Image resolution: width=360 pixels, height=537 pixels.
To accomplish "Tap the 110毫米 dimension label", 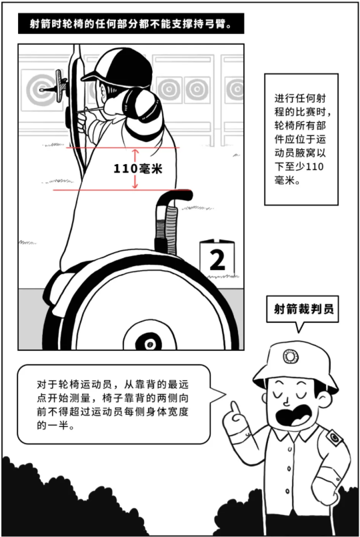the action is (137, 169).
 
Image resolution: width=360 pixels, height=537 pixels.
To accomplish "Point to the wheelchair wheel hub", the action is (149, 342).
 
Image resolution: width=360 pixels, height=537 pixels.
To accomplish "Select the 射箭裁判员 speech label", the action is (303, 309).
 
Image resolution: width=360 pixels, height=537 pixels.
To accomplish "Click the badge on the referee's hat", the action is (291, 356).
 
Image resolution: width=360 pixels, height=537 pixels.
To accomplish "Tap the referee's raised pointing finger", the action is (235, 408).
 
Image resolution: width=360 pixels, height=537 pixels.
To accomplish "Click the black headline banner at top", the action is (131, 23).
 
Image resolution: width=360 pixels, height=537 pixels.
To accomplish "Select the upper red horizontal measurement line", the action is (123, 147).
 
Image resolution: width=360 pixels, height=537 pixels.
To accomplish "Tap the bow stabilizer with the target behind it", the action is (55, 87).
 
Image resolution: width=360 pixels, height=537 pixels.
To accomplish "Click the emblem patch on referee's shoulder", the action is (334, 438).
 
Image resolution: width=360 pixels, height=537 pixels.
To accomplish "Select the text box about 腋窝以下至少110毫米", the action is (301, 139).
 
